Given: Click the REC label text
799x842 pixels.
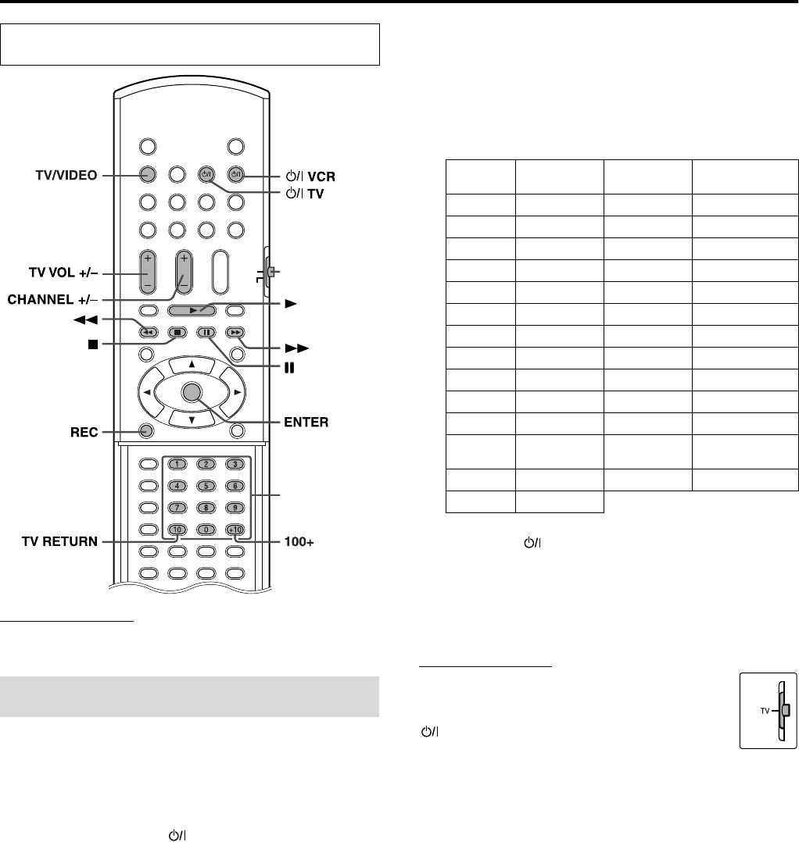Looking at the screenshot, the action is (x=81, y=430).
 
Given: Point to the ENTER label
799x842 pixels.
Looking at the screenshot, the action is (x=305, y=423).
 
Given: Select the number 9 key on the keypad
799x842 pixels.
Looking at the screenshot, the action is (x=234, y=508).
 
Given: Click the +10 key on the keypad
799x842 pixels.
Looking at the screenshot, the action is (x=234, y=530).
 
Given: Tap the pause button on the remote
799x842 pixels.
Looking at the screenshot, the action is (x=205, y=332).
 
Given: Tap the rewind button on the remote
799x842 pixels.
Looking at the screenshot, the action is (x=147, y=332).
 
